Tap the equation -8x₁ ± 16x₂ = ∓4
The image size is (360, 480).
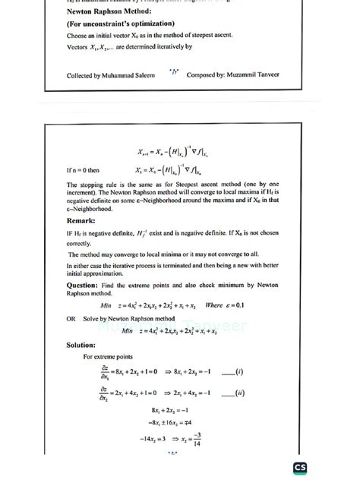click(x=179, y=422)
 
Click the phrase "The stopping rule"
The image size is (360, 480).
click(x=92, y=185)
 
